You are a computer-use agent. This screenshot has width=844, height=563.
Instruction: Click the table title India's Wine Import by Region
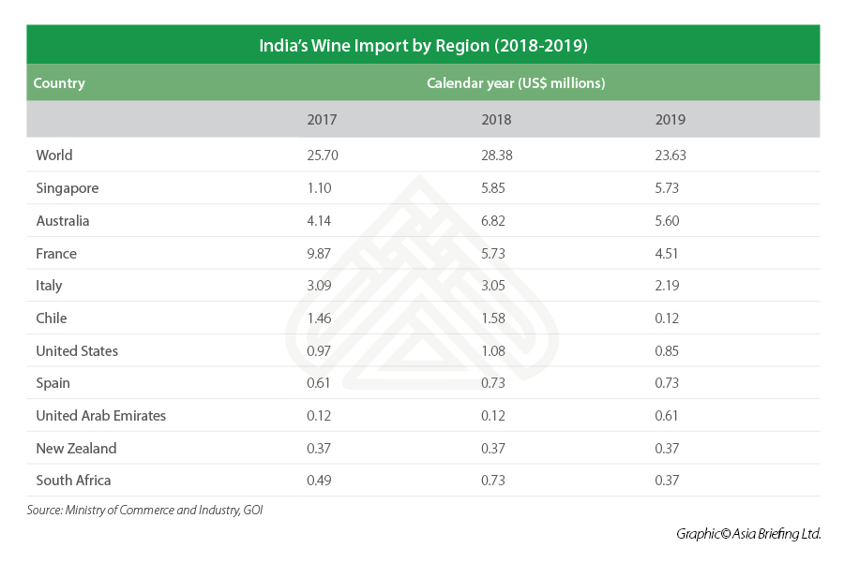tap(423, 45)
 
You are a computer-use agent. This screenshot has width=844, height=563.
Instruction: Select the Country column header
tap(59, 83)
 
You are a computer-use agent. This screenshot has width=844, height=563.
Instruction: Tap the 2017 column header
tap(322, 120)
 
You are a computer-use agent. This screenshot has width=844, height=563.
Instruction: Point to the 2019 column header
tap(671, 120)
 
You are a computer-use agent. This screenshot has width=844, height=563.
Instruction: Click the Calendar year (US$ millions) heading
tap(516, 83)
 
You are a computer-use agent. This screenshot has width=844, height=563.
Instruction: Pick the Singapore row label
tap(68, 188)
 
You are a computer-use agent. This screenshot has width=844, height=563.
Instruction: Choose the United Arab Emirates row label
tap(101, 416)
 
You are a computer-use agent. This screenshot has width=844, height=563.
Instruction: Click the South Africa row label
tap(73, 481)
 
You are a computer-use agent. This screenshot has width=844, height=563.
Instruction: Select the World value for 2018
tap(497, 156)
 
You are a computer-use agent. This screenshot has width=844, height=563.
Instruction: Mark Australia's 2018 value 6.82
tap(496, 221)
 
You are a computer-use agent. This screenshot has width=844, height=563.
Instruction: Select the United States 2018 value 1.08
tap(496, 351)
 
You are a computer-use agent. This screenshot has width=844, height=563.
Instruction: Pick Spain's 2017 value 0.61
tap(321, 383)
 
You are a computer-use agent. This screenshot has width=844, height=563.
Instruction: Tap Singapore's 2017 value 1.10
tap(321, 188)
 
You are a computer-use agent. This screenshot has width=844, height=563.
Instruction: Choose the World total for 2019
tap(671, 156)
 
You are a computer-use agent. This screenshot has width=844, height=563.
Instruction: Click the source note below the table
tap(144, 511)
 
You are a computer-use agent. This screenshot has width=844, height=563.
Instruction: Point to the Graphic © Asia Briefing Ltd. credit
tap(748, 534)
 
